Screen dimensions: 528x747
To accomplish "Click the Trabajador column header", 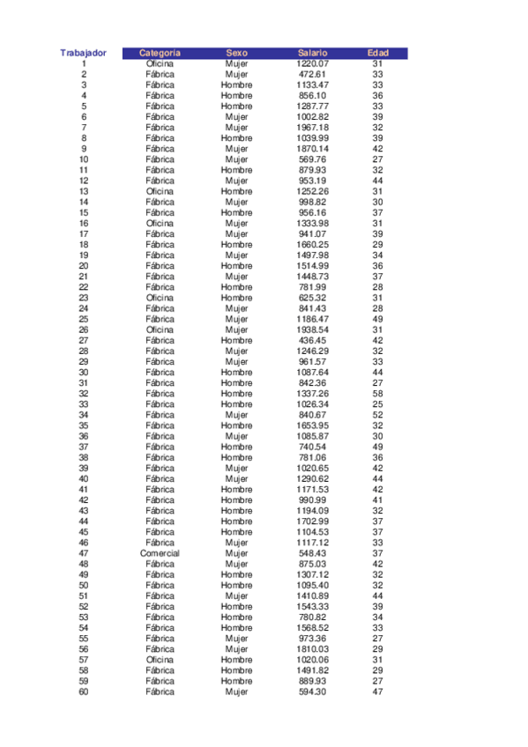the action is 84,53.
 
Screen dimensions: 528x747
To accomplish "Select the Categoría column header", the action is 160,53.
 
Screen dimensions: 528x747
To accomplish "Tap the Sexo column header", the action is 236,53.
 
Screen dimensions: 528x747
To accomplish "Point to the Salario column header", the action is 313,53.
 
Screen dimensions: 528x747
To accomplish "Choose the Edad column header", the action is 377,53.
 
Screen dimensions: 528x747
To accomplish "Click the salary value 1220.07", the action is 313,63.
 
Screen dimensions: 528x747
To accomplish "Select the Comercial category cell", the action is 160,553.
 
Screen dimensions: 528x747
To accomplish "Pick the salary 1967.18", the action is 313,128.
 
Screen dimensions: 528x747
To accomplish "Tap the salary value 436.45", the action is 313,340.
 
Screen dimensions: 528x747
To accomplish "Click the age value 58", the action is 377,394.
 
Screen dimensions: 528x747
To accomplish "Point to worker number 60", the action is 84,692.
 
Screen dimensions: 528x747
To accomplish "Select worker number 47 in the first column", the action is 84,553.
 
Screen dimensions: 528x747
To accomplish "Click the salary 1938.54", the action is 313,329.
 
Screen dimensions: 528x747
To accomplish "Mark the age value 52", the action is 377,415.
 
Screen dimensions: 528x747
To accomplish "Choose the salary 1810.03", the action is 313,649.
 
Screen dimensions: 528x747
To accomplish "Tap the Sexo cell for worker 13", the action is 236,191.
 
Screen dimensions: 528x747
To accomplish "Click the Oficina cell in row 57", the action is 160,660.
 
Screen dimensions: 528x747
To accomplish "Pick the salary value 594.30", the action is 313,692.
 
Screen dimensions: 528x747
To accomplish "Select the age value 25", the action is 377,404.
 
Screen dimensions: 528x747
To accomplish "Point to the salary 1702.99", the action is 313,521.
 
